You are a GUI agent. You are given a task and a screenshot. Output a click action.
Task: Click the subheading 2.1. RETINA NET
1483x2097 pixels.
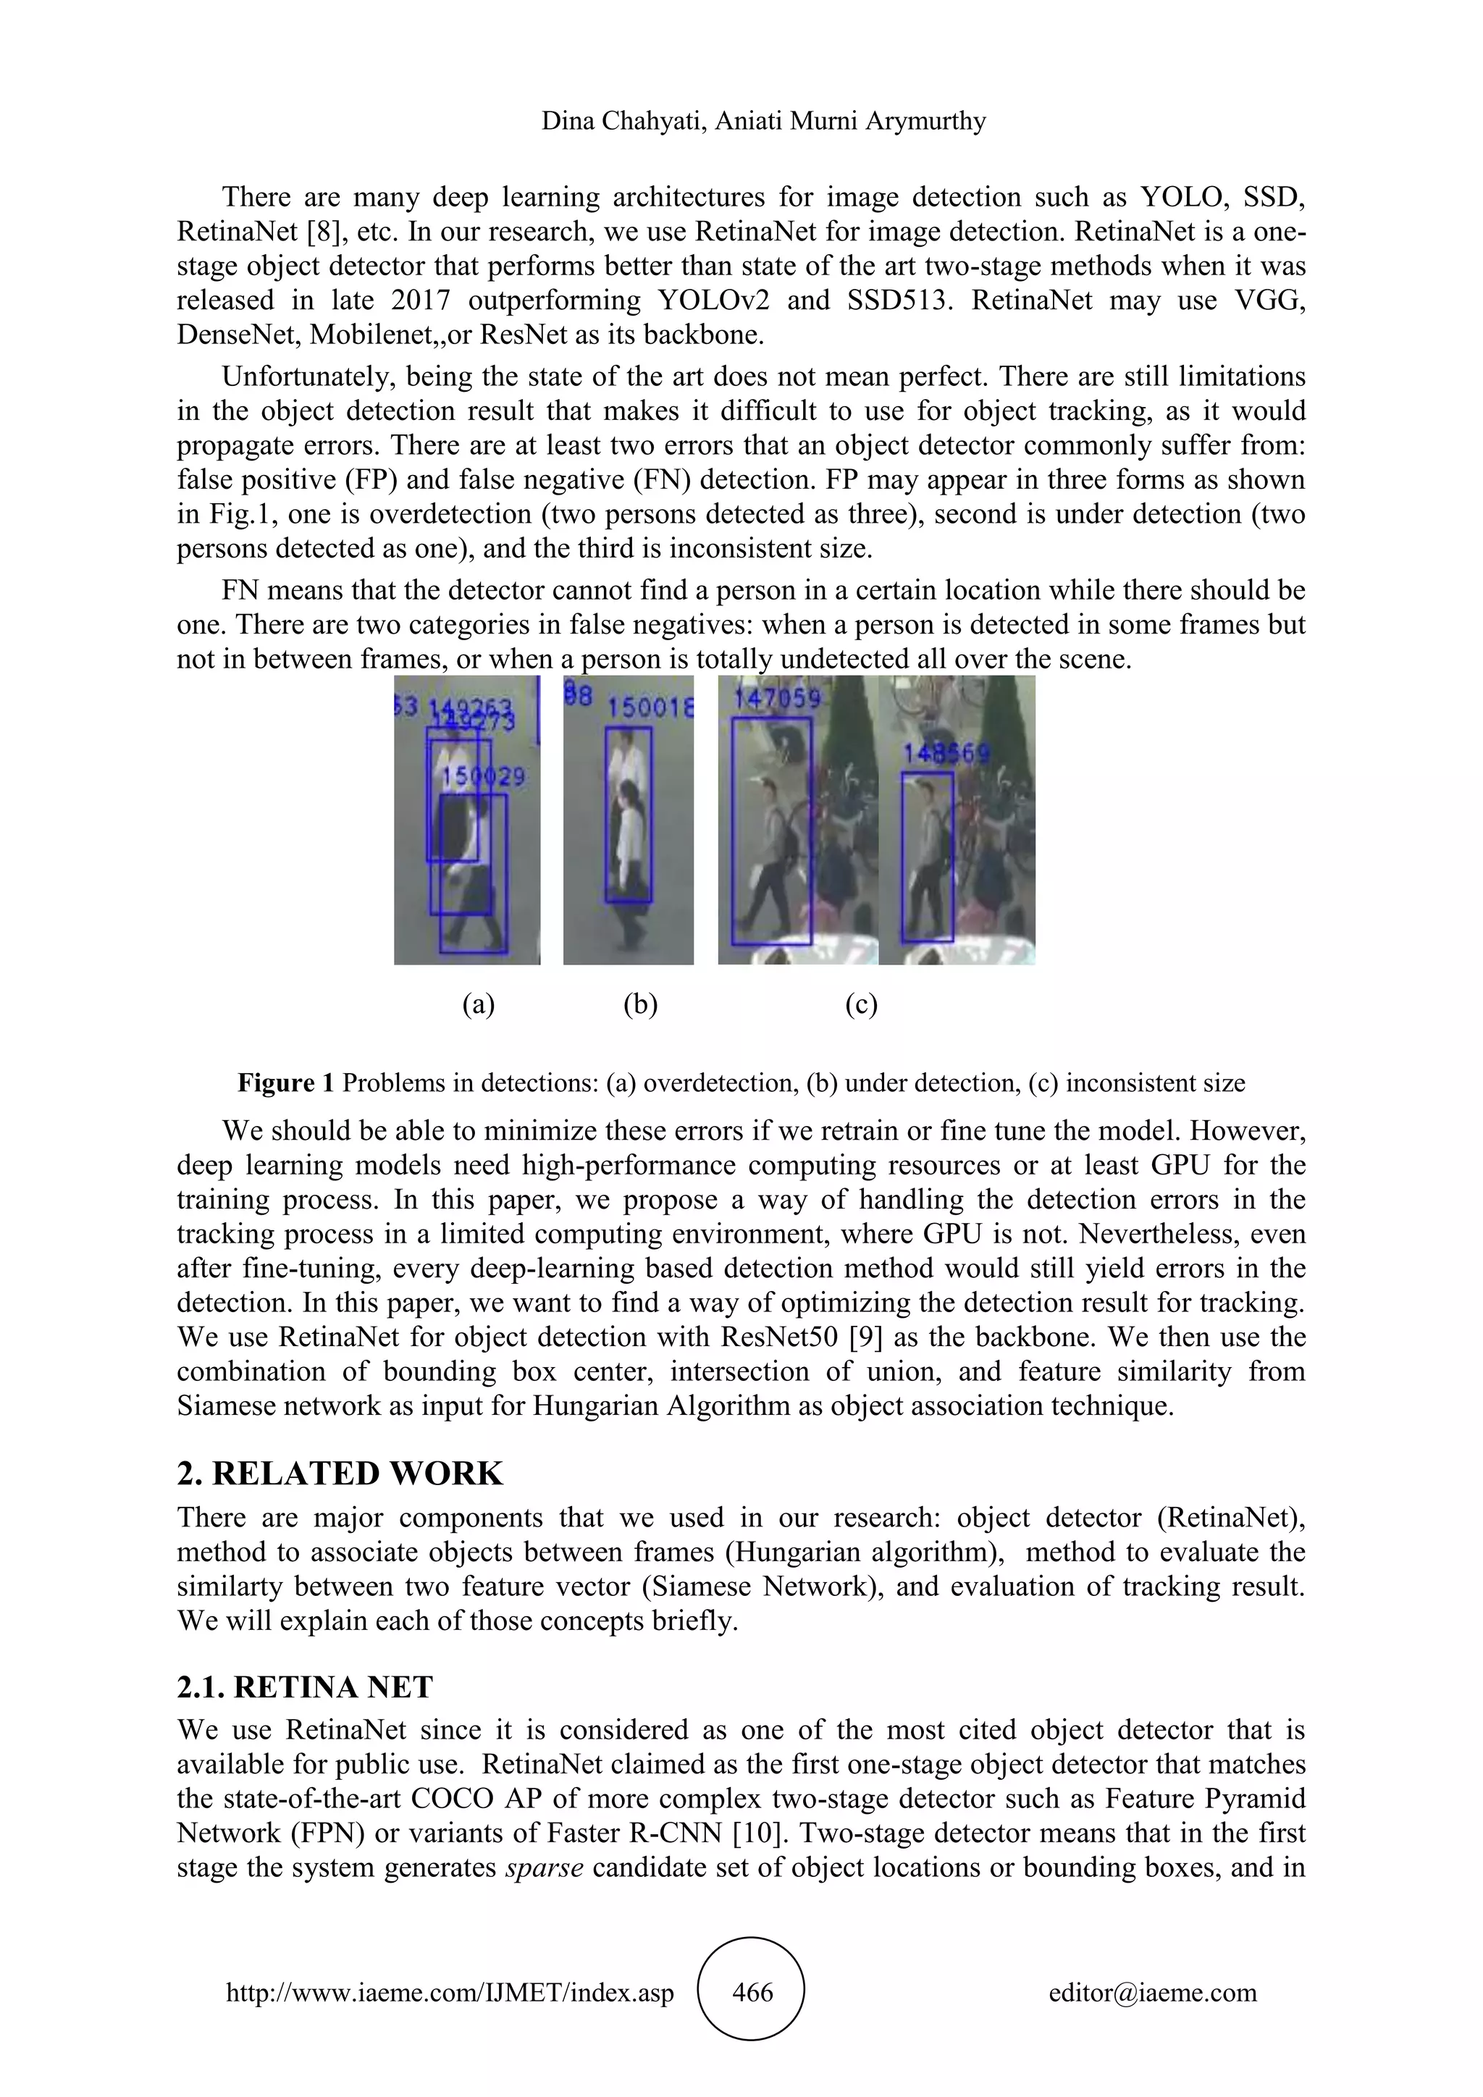click(x=305, y=1687)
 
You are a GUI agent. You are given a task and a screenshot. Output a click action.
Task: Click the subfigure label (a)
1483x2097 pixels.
click(x=478, y=1004)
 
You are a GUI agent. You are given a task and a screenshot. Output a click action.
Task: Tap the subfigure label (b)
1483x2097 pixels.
click(x=640, y=1004)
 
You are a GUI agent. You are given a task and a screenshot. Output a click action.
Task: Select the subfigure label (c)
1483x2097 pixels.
click(x=860, y=1004)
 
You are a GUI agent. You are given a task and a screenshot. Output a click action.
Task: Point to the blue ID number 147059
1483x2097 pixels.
click(x=777, y=699)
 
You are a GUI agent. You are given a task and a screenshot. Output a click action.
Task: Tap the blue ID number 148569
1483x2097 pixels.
click(x=946, y=754)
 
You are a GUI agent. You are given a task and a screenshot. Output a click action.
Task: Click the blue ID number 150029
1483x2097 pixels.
click(x=483, y=777)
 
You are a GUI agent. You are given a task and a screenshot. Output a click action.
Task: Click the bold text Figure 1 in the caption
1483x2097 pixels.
click(x=286, y=1083)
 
